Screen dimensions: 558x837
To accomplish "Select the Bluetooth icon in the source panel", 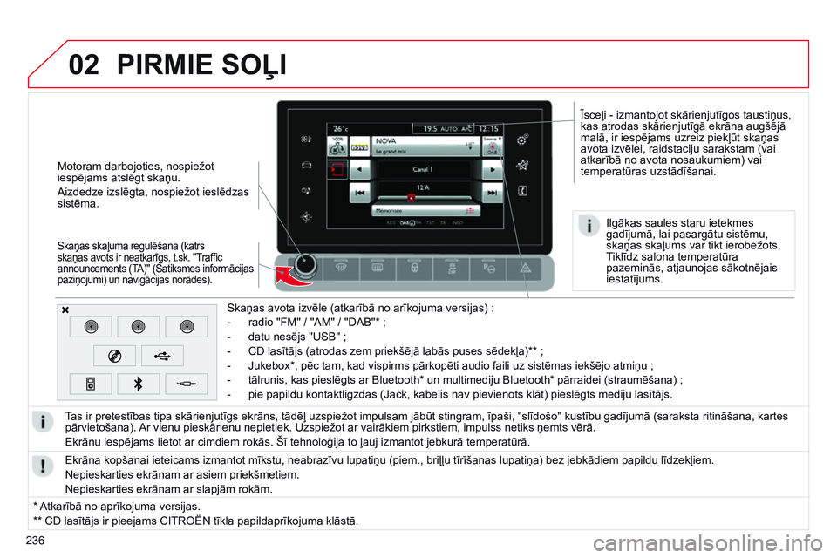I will coord(138,383).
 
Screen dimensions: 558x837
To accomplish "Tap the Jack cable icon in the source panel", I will coord(187,383).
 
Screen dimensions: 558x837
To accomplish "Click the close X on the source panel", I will coord(66,310).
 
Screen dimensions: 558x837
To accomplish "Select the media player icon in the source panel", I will coord(90,383).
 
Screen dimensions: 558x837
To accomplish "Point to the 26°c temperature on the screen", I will coord(341,127).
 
